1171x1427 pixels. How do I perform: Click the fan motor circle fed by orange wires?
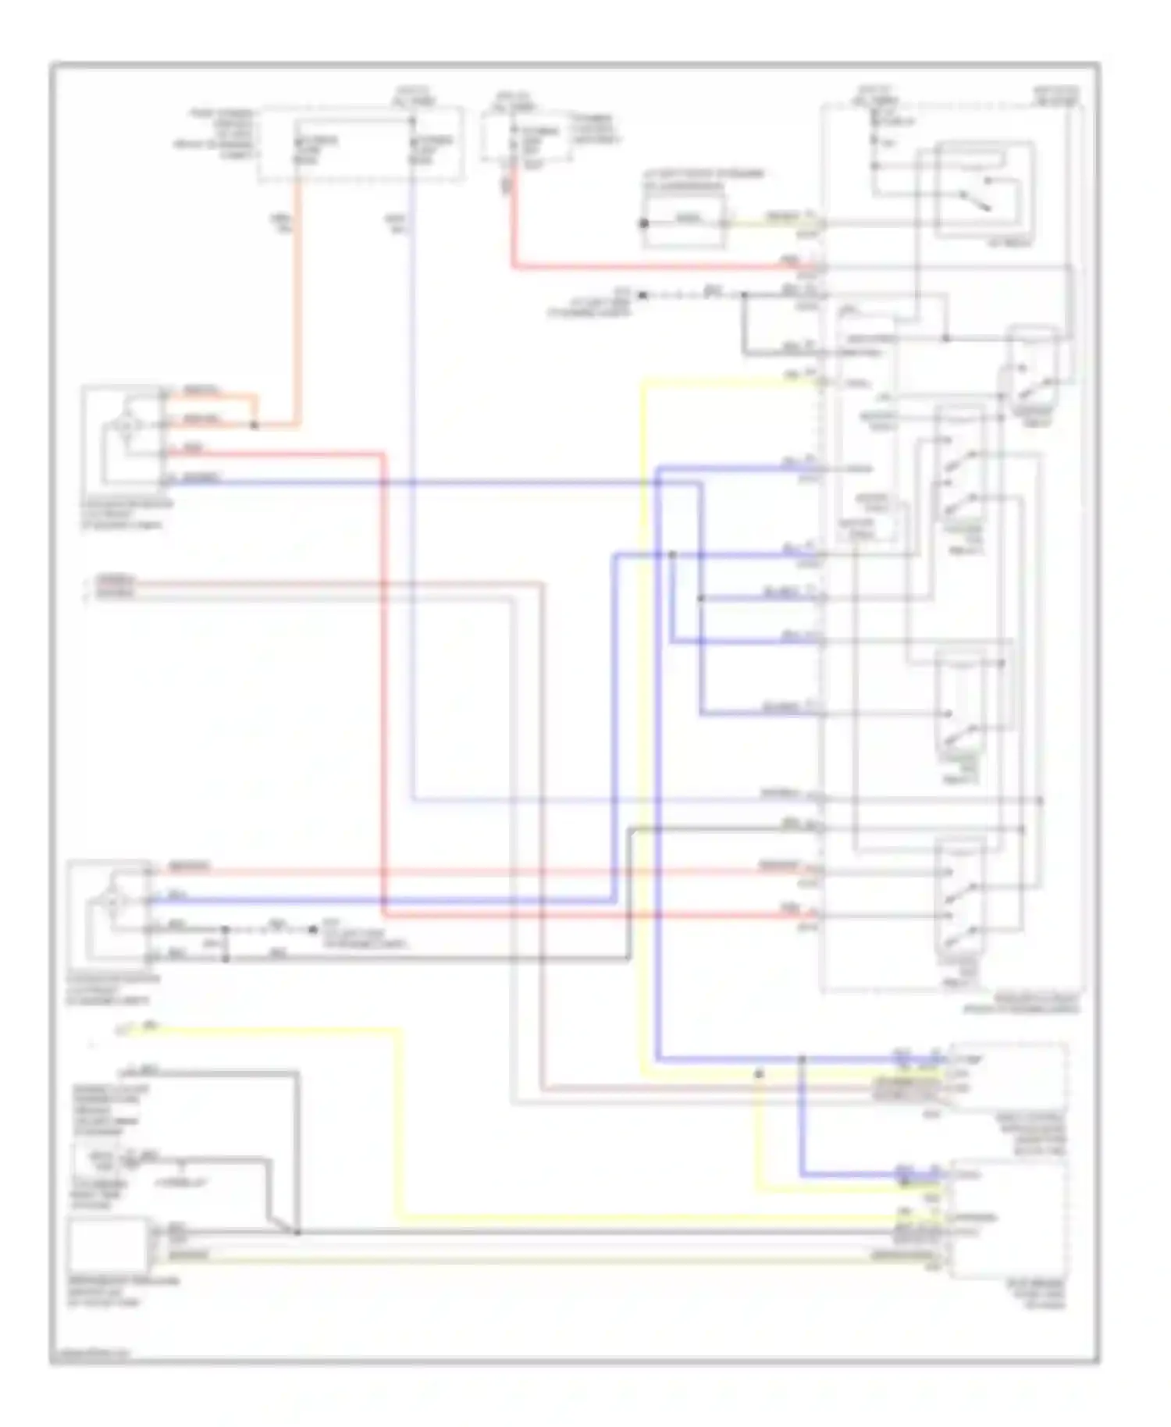coord(125,425)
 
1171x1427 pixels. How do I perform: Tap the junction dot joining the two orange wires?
coord(254,425)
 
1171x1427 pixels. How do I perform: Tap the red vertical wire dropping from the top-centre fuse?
coord(513,226)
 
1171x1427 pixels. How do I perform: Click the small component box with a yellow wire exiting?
coord(684,222)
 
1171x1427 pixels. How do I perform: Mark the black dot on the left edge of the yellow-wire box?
coord(644,223)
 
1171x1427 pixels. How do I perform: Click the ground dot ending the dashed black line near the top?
coord(642,295)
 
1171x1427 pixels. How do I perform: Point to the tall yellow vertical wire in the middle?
coord(643,703)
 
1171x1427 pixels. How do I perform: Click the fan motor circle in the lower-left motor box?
coord(114,902)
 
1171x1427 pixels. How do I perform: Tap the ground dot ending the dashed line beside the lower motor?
coord(312,929)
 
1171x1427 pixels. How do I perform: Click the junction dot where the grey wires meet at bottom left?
coord(297,1232)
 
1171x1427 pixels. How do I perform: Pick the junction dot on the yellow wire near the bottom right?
coord(759,1074)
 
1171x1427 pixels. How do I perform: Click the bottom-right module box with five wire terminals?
coord(1007,1218)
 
